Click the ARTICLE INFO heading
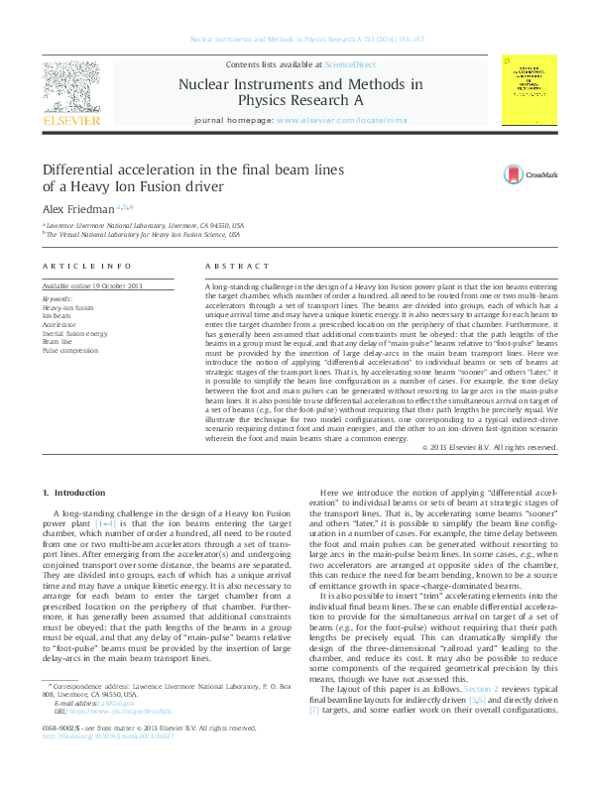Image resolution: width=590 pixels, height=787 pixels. tap(87, 267)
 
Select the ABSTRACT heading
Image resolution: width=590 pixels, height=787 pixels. tap(237, 267)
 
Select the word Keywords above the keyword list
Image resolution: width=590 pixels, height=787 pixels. tap(58, 297)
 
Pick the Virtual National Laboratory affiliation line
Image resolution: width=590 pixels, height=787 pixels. tap(145, 235)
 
